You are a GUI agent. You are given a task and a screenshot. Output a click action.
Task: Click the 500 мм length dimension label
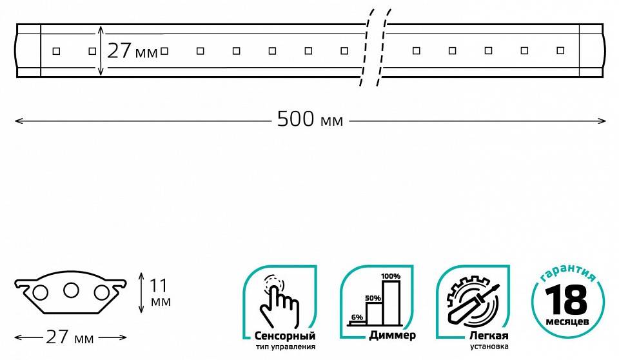click(310, 119)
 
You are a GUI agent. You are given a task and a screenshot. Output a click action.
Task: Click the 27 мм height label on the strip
click(132, 51)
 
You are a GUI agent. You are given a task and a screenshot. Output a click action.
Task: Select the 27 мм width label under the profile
click(70, 337)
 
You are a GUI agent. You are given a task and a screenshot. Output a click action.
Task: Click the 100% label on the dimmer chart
click(391, 276)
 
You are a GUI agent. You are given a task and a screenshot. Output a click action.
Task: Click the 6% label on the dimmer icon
click(357, 317)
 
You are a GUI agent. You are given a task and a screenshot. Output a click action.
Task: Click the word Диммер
click(393, 336)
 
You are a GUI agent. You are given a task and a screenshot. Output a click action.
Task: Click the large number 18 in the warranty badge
click(568, 300)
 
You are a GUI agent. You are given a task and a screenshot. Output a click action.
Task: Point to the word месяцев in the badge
click(568, 321)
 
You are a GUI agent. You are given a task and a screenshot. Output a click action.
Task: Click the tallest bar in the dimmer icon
click(391, 301)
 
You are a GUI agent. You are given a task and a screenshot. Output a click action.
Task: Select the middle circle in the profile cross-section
click(71, 290)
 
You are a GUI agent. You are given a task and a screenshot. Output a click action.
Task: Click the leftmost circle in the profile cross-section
click(41, 293)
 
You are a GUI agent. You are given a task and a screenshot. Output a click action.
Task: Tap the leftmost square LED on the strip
click(56, 50)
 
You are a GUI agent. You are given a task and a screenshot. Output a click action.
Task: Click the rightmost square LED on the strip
click(560, 50)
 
